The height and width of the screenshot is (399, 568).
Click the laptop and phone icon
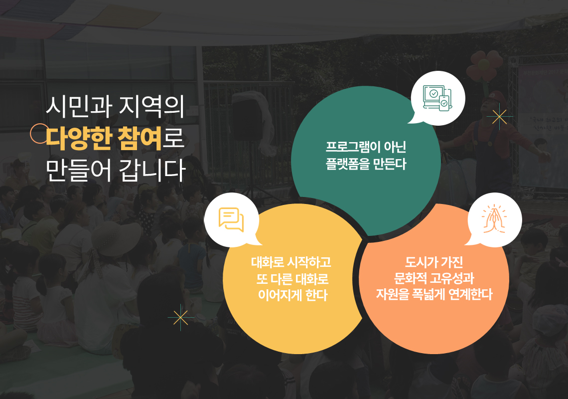[x=438, y=98]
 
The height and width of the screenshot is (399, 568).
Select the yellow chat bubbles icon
[x=231, y=219]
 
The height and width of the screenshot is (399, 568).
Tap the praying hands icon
[x=494, y=219]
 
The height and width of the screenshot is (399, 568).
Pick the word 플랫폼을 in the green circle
[x=347, y=164]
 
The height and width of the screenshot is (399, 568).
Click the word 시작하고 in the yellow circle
[x=308, y=262]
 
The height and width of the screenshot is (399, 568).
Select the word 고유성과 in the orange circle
[x=452, y=278]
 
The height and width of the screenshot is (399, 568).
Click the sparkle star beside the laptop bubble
[x=500, y=117]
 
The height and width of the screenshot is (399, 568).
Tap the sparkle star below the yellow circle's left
[x=180, y=318]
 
